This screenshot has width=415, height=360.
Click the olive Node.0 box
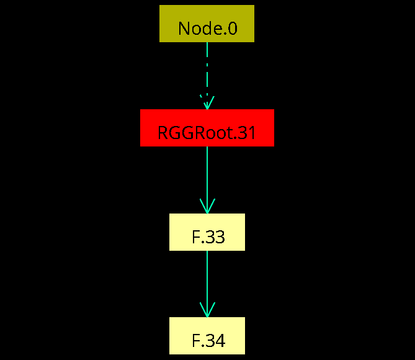coord(207,24)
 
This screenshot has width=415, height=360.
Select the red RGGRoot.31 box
coord(207,128)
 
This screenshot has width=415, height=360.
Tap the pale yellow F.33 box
coord(207,232)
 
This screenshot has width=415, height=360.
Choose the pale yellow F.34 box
coord(207,336)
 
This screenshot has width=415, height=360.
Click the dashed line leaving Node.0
coord(207,76)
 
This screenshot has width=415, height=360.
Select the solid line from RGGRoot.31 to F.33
coord(207,180)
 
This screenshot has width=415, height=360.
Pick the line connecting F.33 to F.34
coord(207,284)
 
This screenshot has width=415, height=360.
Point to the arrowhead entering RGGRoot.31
coord(207,102)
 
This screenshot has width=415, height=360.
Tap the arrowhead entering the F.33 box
coord(207,206)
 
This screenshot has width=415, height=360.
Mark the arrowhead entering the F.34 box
coord(207,310)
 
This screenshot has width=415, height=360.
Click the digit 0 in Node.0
coord(232,29)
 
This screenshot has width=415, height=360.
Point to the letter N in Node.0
coord(184,29)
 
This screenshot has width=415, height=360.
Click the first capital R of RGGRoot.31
coord(163,132)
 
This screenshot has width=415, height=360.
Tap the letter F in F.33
coord(196,237)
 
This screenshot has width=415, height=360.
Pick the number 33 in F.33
coord(215,237)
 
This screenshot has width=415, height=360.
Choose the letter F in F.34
coord(196,341)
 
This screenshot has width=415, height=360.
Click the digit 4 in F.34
coord(220,341)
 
